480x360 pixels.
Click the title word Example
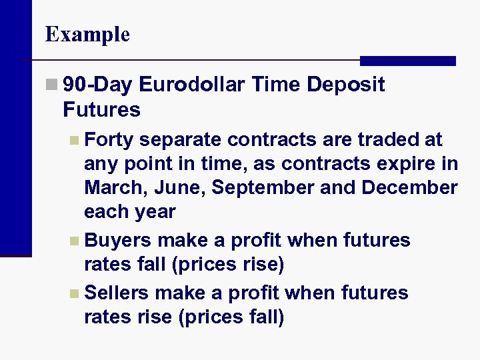tap(87, 34)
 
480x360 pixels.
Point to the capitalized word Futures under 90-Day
tap(101, 109)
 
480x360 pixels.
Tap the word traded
tap(389, 140)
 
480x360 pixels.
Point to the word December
tap(409, 188)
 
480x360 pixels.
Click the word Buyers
tap(118, 240)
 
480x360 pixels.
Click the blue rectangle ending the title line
tap(407, 61)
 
